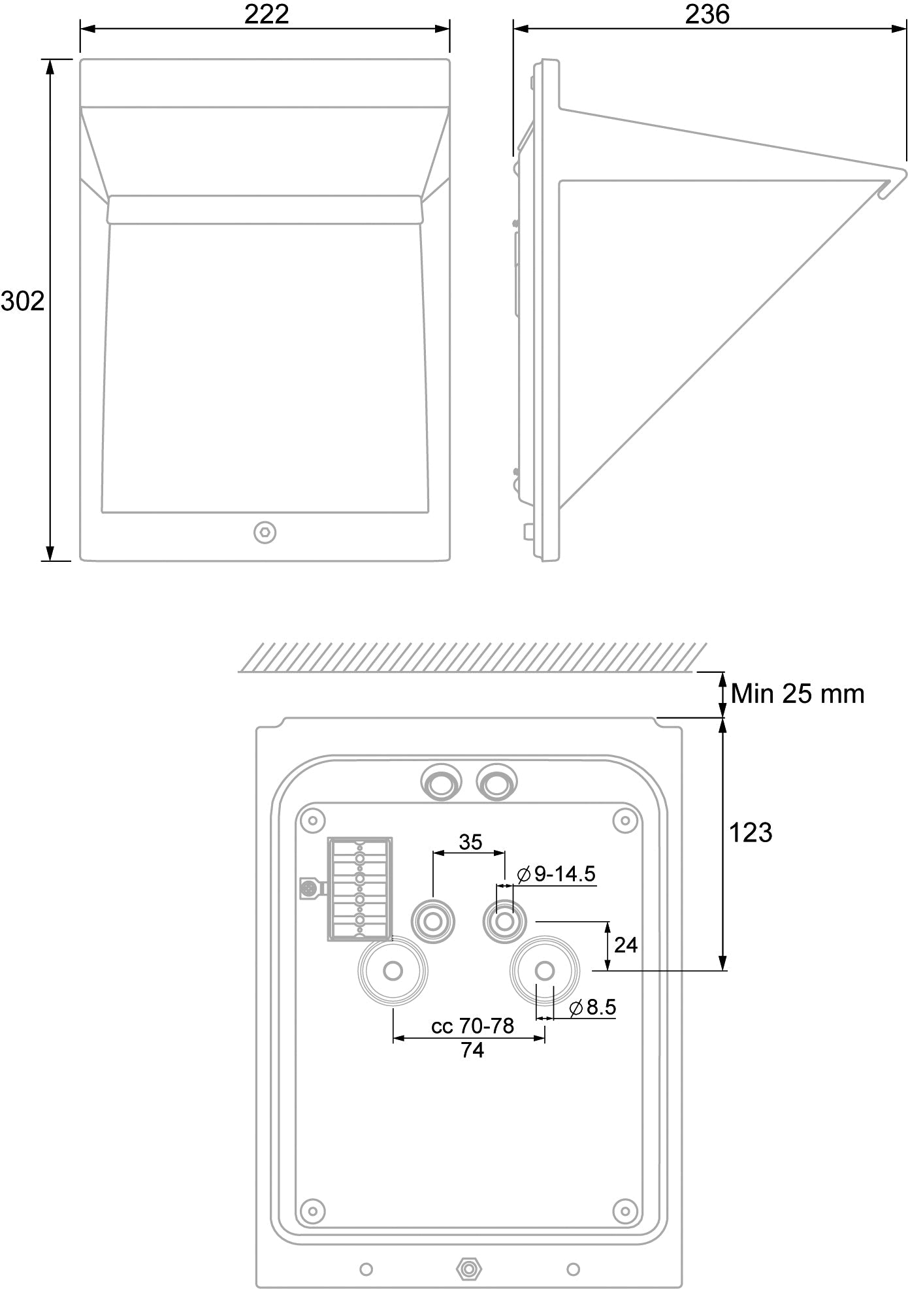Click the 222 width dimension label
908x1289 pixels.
tap(267, 14)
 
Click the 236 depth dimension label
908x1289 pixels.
tap(707, 14)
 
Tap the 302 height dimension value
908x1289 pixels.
tap(23, 301)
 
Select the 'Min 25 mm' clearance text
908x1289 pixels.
tap(798, 693)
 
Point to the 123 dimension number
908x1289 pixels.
tap(751, 833)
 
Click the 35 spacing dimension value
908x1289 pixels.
tap(470, 842)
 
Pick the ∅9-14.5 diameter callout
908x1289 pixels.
tap(556, 873)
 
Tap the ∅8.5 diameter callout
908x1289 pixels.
tap(592, 1007)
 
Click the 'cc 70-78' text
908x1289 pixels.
tap(472, 1026)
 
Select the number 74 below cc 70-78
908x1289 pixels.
tap(472, 1050)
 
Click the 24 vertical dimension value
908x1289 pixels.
tap(626, 945)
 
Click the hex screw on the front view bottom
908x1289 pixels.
tap(265, 532)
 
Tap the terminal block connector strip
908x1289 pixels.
tap(360, 889)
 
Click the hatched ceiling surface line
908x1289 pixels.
tap(472, 657)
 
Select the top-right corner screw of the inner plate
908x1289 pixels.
tap(626, 819)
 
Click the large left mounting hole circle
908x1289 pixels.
tap(393, 971)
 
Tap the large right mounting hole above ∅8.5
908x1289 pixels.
tap(545, 971)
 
